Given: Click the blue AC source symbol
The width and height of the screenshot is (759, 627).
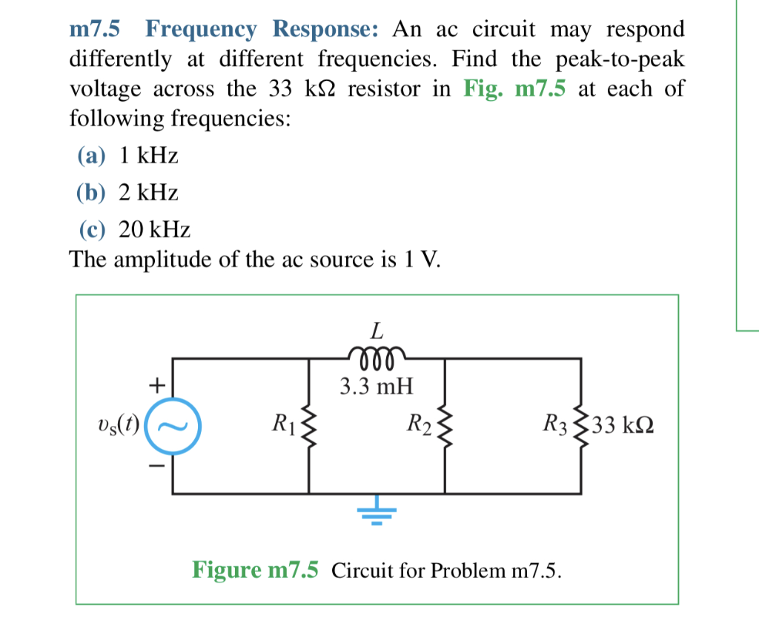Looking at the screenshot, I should [173, 426].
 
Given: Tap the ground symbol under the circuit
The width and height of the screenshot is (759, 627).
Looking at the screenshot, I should [377, 511].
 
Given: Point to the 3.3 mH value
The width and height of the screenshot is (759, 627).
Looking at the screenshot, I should [377, 386].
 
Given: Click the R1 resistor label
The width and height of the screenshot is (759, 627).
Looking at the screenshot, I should [283, 425].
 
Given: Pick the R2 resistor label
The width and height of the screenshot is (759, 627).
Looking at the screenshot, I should [420, 425].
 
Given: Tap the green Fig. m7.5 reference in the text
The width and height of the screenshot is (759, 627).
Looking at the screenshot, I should [514, 89].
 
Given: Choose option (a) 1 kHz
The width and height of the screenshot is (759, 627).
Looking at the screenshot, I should [128, 156].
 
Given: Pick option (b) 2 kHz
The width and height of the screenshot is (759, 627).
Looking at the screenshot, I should [128, 193].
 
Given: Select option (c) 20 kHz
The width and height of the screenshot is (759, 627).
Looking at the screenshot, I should [134, 229].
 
